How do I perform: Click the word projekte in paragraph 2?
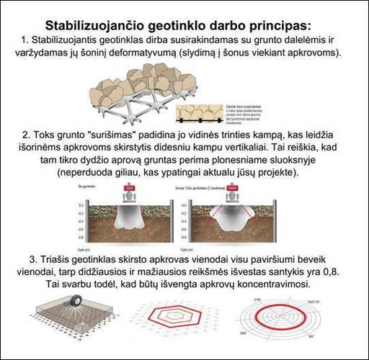click(268, 174)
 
